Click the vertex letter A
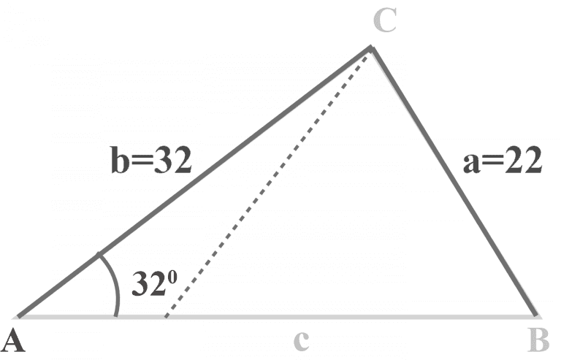[x=15, y=340]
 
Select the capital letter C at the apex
[x=384, y=22]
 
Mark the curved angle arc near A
[x=113, y=285]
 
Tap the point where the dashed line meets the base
[x=169, y=316]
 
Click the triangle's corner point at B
[x=537, y=315]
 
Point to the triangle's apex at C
[x=370, y=48]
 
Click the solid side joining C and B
[x=453, y=183]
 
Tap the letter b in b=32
[x=120, y=161]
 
